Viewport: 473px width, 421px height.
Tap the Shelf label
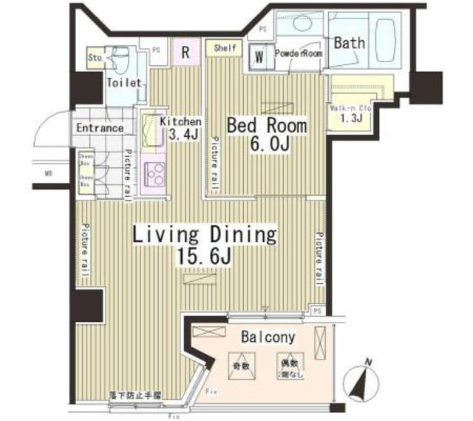[225, 48]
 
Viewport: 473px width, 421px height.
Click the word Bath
[349, 43]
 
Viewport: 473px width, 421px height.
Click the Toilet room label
[124, 83]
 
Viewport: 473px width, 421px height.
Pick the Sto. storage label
[95, 56]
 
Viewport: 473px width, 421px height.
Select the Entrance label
[100, 127]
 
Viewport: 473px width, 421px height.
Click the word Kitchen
[180, 121]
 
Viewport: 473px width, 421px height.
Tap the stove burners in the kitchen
[157, 175]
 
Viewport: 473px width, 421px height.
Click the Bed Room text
[266, 126]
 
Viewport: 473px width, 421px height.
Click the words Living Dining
[205, 235]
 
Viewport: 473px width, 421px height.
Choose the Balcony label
[268, 337]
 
